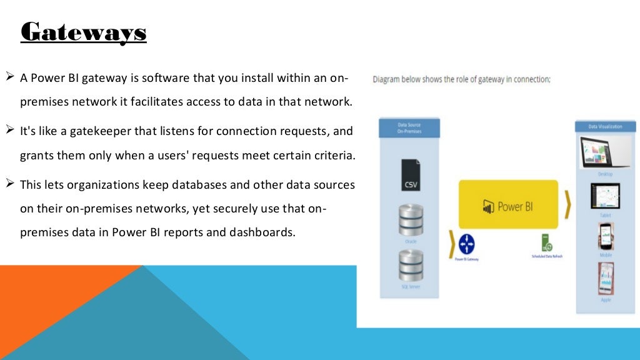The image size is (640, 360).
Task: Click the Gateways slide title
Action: (84, 32)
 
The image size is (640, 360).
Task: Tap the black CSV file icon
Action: (411, 175)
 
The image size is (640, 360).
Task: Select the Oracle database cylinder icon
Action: (411, 219)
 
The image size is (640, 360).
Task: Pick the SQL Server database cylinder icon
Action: (411, 265)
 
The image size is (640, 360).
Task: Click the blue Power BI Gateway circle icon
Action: (467, 243)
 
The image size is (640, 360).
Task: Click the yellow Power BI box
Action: (508, 205)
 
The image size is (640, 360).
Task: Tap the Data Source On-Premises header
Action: (409, 128)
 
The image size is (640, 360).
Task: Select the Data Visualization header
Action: (605, 126)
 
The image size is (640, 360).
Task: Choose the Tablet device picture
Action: (604, 196)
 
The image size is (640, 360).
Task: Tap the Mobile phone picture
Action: (605, 236)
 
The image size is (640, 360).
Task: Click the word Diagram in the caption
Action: (387, 79)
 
